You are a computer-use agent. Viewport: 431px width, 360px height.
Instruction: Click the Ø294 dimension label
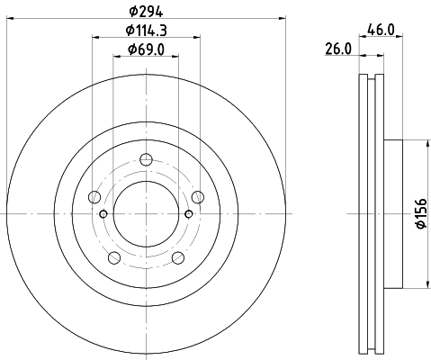pyautogui.click(x=146, y=12)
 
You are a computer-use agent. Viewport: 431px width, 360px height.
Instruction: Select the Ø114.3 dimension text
pyautogui.click(x=146, y=31)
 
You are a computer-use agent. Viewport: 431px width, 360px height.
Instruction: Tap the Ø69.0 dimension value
pyautogui.click(x=146, y=49)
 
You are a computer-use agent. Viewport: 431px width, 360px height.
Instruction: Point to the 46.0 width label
pyautogui.click(x=381, y=30)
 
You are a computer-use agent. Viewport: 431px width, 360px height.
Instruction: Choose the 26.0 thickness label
pyautogui.click(x=338, y=49)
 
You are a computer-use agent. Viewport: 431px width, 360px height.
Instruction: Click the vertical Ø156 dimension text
pyautogui.click(x=421, y=213)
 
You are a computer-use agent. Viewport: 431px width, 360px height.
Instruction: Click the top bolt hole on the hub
pyautogui.click(x=146, y=159)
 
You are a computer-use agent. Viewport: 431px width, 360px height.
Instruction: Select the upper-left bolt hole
pyautogui.click(x=94, y=197)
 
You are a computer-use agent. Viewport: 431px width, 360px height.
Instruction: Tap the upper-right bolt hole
pyautogui.click(x=198, y=197)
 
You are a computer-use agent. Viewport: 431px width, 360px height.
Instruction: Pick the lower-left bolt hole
pyautogui.click(x=114, y=257)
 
